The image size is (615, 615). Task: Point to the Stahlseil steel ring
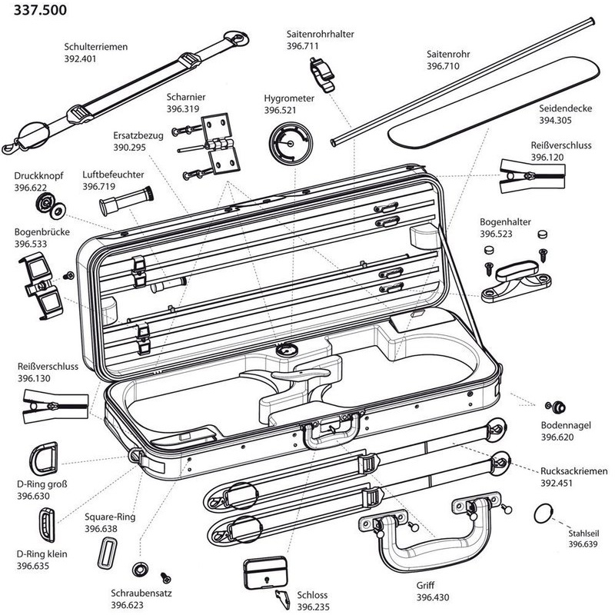544,513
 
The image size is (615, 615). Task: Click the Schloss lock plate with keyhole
265,571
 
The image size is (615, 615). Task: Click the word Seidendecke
565,109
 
